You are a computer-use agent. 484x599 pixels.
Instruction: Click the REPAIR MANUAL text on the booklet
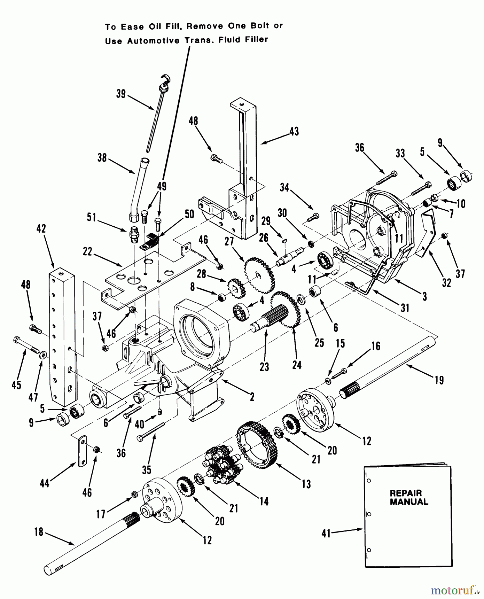pos(409,498)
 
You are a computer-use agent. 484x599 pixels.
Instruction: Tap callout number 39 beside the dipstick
pos(121,94)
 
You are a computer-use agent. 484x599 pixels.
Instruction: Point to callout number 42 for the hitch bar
pos(41,229)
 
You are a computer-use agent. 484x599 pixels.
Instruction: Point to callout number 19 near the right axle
pos(439,380)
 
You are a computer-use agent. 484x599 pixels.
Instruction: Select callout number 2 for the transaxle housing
pos(252,396)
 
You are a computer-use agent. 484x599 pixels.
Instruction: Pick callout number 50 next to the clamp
pos(189,214)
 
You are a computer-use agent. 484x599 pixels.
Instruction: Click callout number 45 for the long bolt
pos(16,385)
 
